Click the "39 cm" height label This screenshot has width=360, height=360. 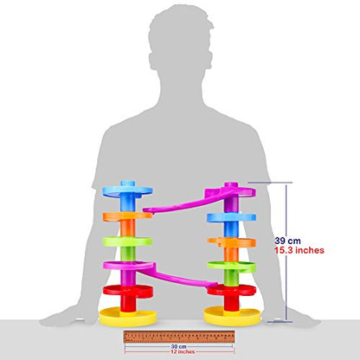point(287,241)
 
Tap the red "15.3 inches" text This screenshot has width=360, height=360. point(299,250)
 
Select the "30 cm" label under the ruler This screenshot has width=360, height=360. point(178,346)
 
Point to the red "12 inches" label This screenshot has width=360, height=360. point(183,351)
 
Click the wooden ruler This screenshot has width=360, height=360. point(179,337)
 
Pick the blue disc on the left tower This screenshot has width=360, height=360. point(127,190)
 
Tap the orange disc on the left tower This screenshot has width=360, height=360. point(127,216)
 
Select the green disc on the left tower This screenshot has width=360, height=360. point(128,241)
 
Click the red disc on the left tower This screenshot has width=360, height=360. point(128,291)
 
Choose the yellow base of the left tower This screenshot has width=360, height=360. point(128,317)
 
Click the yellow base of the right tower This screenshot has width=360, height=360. point(232,316)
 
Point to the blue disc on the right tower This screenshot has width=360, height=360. point(232,218)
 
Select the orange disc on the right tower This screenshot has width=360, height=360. point(232,242)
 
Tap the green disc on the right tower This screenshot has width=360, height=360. point(232,267)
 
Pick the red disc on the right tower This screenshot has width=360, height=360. point(232,290)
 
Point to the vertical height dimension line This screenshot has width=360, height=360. point(286,253)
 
